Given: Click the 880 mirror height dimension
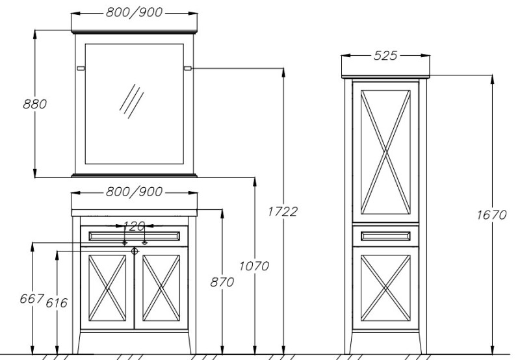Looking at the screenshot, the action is pos(35,104).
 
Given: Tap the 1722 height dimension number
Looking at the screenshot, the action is pos(283,211).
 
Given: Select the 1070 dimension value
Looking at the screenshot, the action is pos(254,266).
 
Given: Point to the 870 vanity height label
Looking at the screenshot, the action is pos(222,282).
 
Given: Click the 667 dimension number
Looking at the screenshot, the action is pos(32,299).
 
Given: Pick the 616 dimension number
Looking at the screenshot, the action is pos(57,303).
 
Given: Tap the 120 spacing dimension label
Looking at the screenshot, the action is pos(134,226).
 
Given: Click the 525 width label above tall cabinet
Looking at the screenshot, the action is pos(385,55).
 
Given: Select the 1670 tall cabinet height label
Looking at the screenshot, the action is pos(492,215).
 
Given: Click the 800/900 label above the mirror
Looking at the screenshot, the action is pos(135,12).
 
